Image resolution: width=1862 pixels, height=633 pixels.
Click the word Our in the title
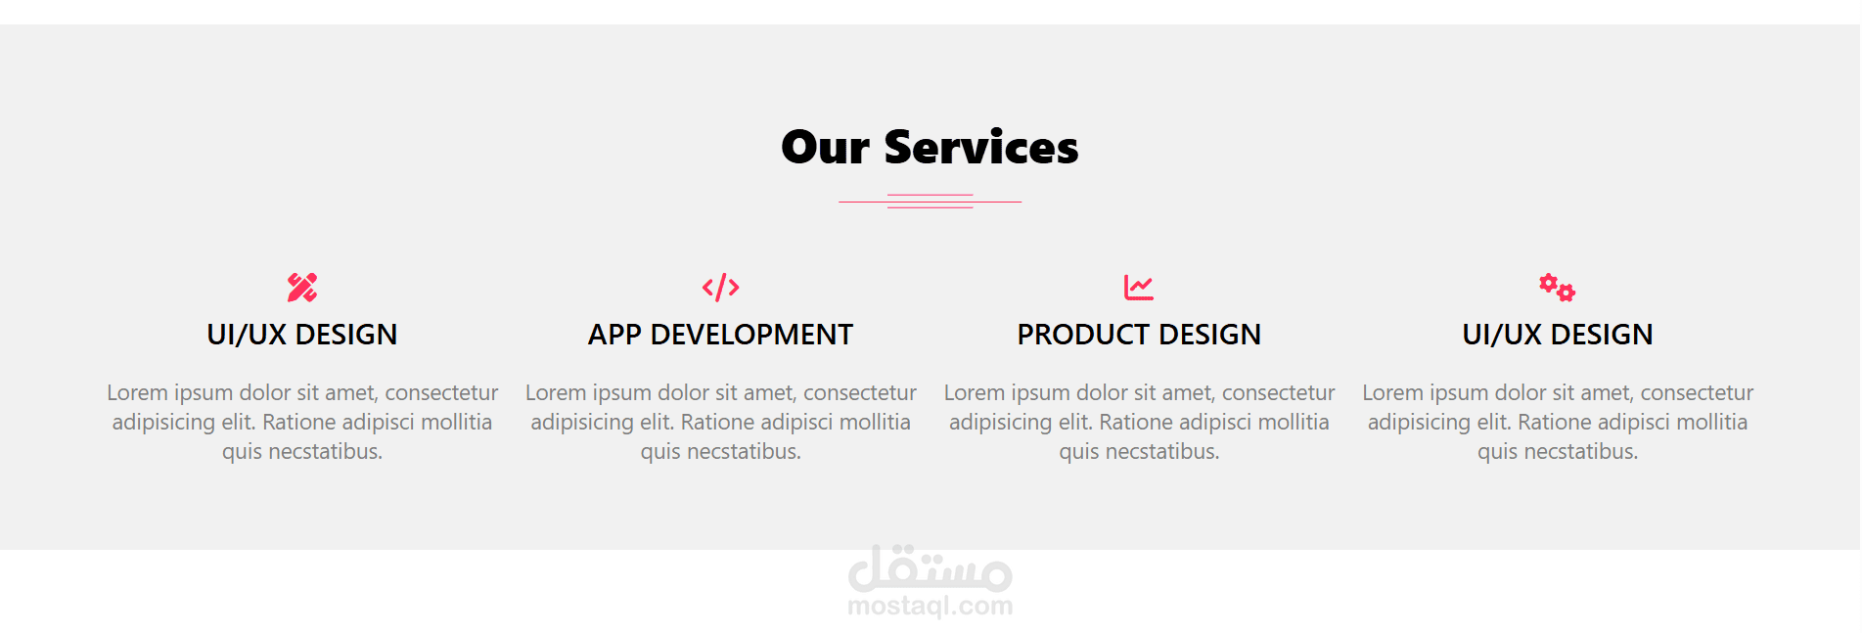click(825, 148)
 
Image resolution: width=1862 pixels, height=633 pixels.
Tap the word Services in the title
click(980, 148)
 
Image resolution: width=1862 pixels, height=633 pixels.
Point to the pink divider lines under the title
click(930, 202)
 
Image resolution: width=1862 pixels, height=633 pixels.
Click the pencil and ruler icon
click(302, 288)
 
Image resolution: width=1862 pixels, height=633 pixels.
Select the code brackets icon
click(721, 288)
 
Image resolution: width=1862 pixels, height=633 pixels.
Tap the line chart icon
click(1139, 288)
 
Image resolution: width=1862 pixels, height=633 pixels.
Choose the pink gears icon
click(1557, 288)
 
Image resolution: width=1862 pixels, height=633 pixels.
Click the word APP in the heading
click(614, 335)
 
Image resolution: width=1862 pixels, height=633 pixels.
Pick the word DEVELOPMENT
click(751, 335)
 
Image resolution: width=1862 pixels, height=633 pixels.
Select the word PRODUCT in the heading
click(1083, 335)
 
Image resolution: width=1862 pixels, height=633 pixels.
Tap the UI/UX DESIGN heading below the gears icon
click(1558, 335)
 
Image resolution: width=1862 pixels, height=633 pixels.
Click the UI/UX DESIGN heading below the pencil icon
click(302, 335)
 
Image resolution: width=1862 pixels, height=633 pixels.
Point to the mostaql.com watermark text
click(931, 607)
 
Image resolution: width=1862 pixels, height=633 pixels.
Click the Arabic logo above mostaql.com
click(931, 568)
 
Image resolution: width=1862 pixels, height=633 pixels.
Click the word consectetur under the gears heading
click(1697, 392)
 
